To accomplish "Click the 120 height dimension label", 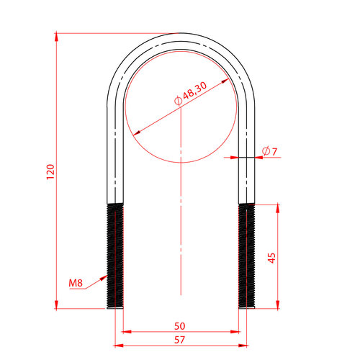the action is click(50, 171).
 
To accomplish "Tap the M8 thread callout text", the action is click(76, 283).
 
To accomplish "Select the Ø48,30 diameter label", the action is click(190, 94).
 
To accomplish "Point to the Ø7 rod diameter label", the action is click(269, 151).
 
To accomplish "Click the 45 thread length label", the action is click(271, 258).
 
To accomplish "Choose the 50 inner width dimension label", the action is click(180, 326).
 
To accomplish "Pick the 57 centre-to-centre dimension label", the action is click(180, 340).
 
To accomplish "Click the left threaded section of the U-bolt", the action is click(115, 256).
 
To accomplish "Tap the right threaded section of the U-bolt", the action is click(247, 256).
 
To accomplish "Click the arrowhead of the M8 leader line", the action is click(104, 278).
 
